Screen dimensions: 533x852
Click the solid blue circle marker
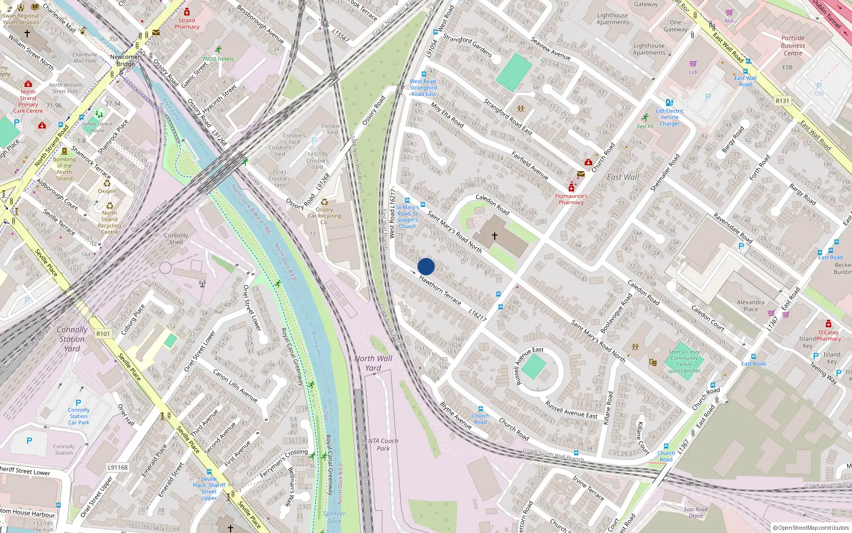pyautogui.click(x=426, y=266)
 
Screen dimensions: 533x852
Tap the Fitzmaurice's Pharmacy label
pyautogui.click(x=571, y=199)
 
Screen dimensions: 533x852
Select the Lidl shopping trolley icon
pyautogui.click(x=693, y=63)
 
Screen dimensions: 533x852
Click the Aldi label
pyautogui.click(x=729, y=21)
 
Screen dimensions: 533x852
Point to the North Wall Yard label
pyautogui.click(x=373, y=363)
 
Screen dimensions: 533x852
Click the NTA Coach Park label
pyautogui.click(x=383, y=445)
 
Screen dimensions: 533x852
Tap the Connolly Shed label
pyautogui.click(x=176, y=238)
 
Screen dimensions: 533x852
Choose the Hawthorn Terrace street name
pyautogui.click(x=440, y=290)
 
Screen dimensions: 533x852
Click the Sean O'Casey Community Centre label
pyautogui.click(x=684, y=361)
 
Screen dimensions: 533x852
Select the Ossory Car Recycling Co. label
pyautogui.click(x=324, y=215)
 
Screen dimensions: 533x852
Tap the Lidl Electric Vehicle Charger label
pyautogui.click(x=669, y=117)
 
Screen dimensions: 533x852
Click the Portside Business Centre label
pyautogui.click(x=793, y=45)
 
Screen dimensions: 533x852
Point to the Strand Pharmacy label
pyautogui.click(x=186, y=23)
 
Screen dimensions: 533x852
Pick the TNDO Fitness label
pyautogui.click(x=218, y=59)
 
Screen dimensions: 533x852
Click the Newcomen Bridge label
pyautogui.click(x=125, y=60)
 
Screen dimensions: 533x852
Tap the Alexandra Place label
pyautogui.click(x=750, y=305)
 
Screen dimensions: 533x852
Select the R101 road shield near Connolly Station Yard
pyautogui.click(x=103, y=334)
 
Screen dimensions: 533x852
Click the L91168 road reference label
pyautogui.click(x=118, y=467)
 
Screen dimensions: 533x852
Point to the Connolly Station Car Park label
pyautogui.click(x=79, y=416)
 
